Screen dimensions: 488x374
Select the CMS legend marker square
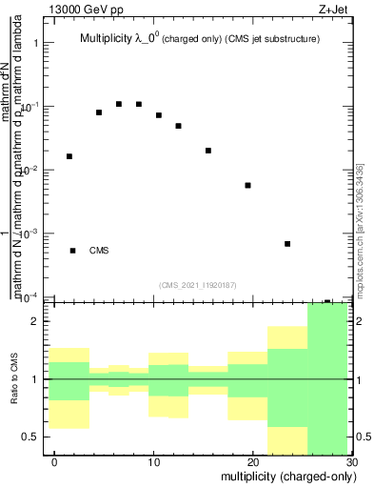click(x=73, y=251)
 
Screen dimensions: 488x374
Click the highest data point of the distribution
click(x=119, y=104)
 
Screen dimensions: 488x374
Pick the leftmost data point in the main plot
click(x=69, y=156)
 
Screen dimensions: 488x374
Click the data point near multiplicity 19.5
click(x=247, y=185)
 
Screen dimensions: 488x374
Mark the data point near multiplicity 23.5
click(x=287, y=244)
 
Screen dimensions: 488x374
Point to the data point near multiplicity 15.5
click(x=208, y=151)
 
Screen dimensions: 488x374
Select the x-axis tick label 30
click(x=351, y=461)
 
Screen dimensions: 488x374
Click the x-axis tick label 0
click(x=55, y=461)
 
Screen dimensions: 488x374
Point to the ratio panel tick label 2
click(x=35, y=321)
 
